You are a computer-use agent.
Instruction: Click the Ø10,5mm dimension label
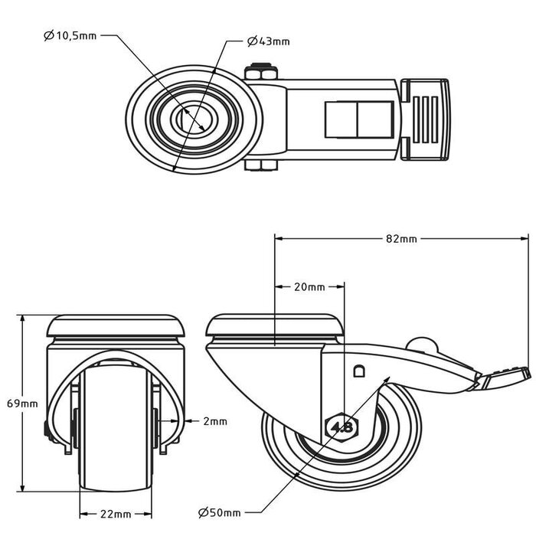pyautogui.click(x=70, y=35)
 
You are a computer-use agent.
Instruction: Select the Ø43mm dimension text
pyautogui.click(x=268, y=41)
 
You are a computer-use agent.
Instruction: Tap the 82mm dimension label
pyautogui.click(x=401, y=239)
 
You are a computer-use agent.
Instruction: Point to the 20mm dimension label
pyautogui.click(x=309, y=287)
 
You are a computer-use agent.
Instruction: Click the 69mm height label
pyautogui.click(x=22, y=404)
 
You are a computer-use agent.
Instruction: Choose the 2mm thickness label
pyautogui.click(x=215, y=421)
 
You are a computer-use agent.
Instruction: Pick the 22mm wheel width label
pyautogui.click(x=116, y=514)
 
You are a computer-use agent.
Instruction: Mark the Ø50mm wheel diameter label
pyautogui.click(x=220, y=512)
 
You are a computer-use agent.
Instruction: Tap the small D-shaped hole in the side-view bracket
pyautogui.click(x=358, y=371)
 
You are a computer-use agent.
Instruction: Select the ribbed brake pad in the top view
pyautogui.click(x=426, y=119)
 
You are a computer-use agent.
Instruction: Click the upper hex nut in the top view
pyautogui.click(x=261, y=72)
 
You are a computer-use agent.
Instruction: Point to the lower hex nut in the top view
pyautogui.click(x=261, y=165)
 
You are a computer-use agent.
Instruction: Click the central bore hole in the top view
pyautogui.click(x=194, y=119)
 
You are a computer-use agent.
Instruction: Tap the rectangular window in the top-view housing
pyautogui.click(x=359, y=119)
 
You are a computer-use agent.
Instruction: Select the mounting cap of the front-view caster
pyautogui.click(x=116, y=325)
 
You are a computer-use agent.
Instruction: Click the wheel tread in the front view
pyautogui.click(x=116, y=427)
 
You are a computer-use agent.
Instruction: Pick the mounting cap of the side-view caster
pyautogui.click(x=274, y=325)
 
